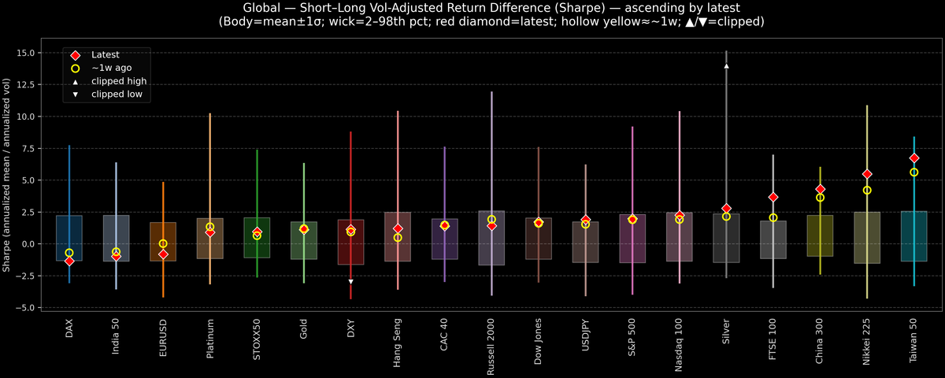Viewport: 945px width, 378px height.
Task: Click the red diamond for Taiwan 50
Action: tap(913, 158)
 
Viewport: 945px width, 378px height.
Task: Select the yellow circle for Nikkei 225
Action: tap(867, 190)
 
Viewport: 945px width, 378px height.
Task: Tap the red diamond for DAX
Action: tap(69, 261)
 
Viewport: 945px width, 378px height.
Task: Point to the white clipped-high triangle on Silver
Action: tap(726, 66)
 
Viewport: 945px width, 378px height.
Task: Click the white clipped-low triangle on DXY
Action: tap(350, 281)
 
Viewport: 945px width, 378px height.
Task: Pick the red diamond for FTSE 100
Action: tap(773, 197)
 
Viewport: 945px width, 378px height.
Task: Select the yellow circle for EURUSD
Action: tap(163, 244)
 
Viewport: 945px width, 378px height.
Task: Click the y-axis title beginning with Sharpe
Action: tap(7, 175)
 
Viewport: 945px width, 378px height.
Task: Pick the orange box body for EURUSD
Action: tap(163, 241)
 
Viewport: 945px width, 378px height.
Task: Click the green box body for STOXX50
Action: tap(257, 237)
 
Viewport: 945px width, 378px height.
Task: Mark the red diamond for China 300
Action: tap(820, 190)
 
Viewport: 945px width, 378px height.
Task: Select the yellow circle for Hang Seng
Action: tap(398, 237)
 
